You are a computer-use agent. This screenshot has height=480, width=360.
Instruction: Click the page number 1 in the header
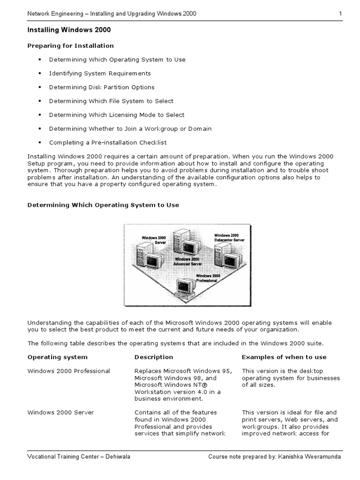click(340, 14)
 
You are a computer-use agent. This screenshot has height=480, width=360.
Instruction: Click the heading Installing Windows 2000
click(69, 30)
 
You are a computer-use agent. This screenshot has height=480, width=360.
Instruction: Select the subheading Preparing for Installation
click(70, 45)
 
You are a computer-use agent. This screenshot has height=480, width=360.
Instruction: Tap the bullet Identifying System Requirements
click(100, 73)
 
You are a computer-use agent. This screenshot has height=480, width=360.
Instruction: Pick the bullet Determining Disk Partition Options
click(102, 87)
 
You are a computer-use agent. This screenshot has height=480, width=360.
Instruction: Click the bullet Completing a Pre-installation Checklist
click(108, 142)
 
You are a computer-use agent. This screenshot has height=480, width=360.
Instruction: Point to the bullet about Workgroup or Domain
click(130, 128)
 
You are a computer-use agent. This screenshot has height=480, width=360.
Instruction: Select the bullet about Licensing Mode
click(117, 115)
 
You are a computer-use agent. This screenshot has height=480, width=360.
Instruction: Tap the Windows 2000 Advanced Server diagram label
click(187, 262)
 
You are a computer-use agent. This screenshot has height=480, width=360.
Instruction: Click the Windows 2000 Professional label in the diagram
click(208, 278)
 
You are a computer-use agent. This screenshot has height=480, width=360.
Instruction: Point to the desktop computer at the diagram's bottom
click(185, 290)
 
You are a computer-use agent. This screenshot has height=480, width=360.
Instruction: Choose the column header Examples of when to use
click(284, 357)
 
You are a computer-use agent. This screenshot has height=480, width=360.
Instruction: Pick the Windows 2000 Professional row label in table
click(68, 371)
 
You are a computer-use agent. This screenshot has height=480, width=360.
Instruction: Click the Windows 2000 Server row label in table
click(60, 412)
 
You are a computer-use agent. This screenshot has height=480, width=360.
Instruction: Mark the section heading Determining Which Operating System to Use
click(103, 205)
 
